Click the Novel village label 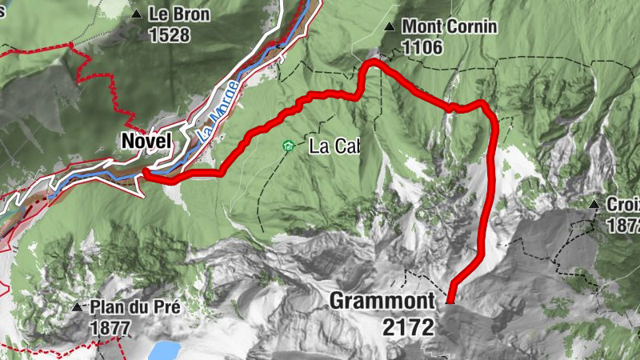(146, 141)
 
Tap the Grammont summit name (382, 302)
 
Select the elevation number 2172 (408, 326)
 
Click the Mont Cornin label (450, 27)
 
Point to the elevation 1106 (422, 48)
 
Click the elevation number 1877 (110, 327)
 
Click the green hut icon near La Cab (286, 146)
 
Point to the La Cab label (334, 146)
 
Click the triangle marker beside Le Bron (138, 14)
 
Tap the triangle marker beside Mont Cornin (390, 27)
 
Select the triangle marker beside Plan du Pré (77, 307)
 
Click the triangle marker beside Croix (594, 206)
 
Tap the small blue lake (166, 350)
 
